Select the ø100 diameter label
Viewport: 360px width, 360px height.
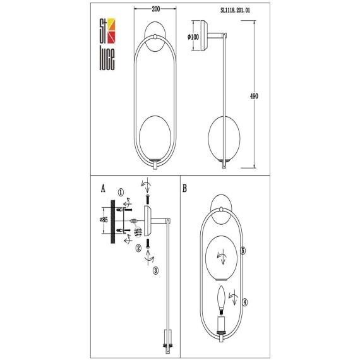[194, 38]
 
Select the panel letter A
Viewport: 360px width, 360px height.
[102, 188]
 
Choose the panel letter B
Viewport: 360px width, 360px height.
[184, 188]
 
